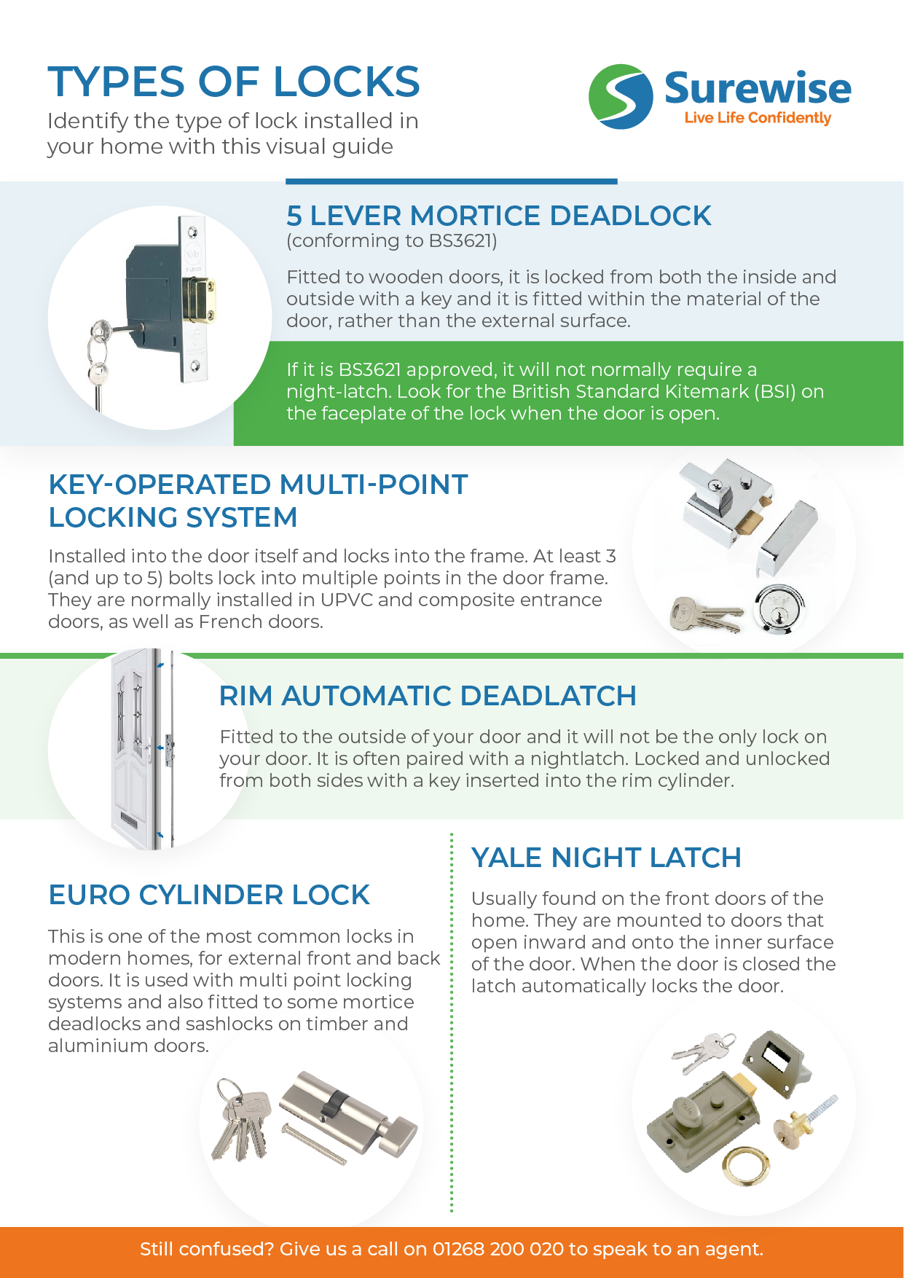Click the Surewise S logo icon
tap(620, 97)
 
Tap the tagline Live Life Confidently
tap(757, 118)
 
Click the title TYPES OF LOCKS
tap(234, 82)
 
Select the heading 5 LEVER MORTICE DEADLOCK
tap(498, 216)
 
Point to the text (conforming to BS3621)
tap(391, 240)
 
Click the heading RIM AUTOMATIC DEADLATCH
tap(428, 696)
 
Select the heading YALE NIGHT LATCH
tap(605, 858)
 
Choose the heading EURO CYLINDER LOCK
tap(209, 895)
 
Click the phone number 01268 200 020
tap(498, 1249)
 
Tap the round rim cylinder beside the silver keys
tap(779, 607)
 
